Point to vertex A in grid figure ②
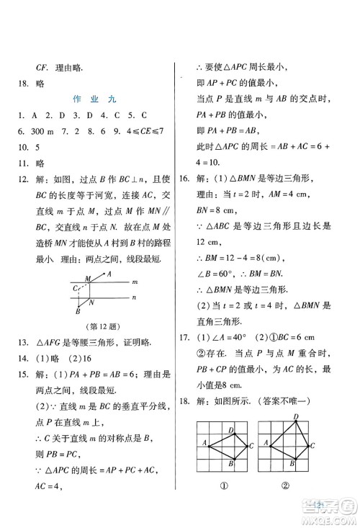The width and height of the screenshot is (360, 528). [265, 440]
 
